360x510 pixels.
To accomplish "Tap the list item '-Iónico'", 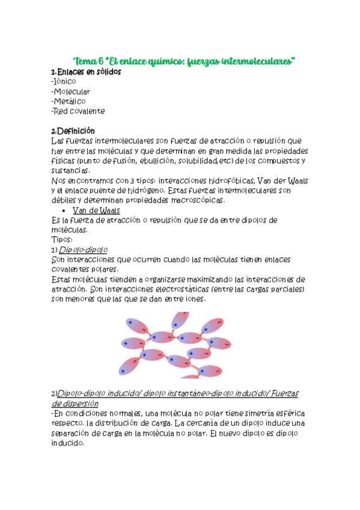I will [x=64, y=82].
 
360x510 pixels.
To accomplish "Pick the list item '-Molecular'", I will [x=71, y=92].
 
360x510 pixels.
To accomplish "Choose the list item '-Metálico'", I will [x=69, y=102].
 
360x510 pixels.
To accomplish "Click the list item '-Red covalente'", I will [x=78, y=111].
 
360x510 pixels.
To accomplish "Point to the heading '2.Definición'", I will [x=73, y=131].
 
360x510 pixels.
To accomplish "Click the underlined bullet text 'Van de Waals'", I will [x=96, y=210].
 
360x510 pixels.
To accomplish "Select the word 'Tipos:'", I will [x=63, y=239].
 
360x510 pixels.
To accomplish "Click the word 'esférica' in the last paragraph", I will [x=288, y=413].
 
